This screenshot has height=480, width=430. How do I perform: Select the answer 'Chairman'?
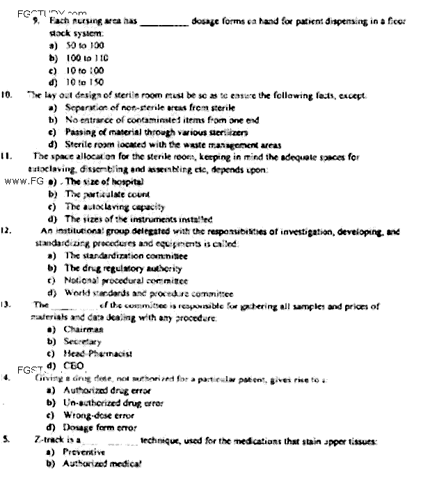click(83, 329)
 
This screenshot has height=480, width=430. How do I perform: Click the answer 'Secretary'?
click(83, 342)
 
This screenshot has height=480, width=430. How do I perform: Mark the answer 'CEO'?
click(73, 365)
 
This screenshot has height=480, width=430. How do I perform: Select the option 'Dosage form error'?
click(99, 427)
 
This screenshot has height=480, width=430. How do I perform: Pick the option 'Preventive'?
click(84, 452)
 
